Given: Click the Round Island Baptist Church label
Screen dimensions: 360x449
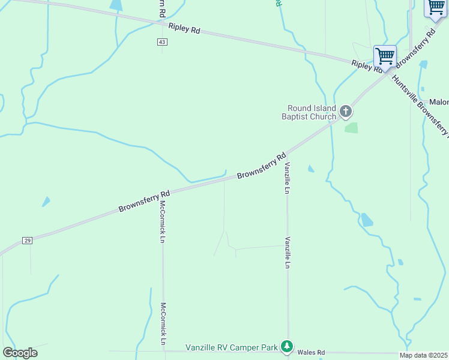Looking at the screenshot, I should click(x=309, y=112).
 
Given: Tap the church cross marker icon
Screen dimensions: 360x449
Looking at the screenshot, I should click(x=345, y=111).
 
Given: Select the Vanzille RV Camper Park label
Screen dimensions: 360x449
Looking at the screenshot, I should click(x=232, y=347).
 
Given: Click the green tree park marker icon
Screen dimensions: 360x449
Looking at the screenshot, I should click(x=288, y=346).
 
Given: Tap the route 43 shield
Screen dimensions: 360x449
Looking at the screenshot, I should click(x=163, y=42).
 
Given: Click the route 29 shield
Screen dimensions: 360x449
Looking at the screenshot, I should click(x=27, y=240).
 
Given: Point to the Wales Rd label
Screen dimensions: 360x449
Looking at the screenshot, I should click(x=311, y=352).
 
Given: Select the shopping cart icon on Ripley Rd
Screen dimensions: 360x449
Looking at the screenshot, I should click(x=385, y=56).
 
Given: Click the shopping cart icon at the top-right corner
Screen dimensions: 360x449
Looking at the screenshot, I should click(x=436, y=7).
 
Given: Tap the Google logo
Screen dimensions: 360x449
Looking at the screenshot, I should click(x=20, y=353).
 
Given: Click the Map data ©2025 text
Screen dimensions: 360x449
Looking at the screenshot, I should click(x=424, y=355).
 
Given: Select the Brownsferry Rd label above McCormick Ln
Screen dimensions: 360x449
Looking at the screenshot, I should click(x=144, y=201).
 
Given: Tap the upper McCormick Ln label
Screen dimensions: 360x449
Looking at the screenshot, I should click(x=162, y=221).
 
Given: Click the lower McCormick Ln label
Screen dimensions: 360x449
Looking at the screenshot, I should click(x=163, y=323).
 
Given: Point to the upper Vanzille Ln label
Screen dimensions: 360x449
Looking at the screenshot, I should click(x=288, y=178).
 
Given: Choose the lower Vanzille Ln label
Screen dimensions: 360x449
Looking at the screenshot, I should click(x=288, y=252).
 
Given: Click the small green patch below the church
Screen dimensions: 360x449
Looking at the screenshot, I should click(x=351, y=128).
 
